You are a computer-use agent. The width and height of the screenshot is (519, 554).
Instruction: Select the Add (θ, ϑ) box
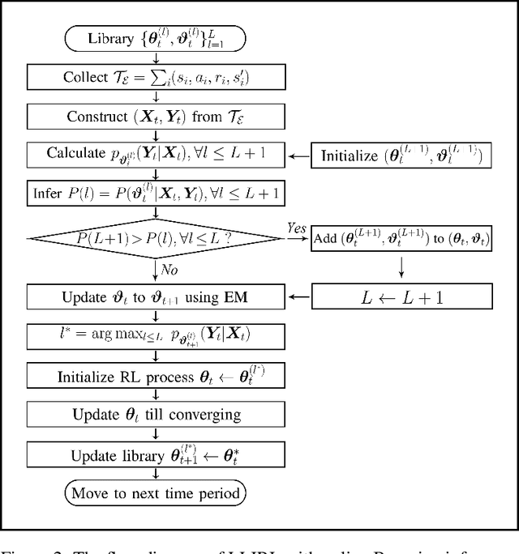[401, 237]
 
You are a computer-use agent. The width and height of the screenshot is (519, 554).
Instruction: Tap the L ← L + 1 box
[401, 297]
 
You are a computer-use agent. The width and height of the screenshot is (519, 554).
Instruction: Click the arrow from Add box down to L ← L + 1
[401, 266]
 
